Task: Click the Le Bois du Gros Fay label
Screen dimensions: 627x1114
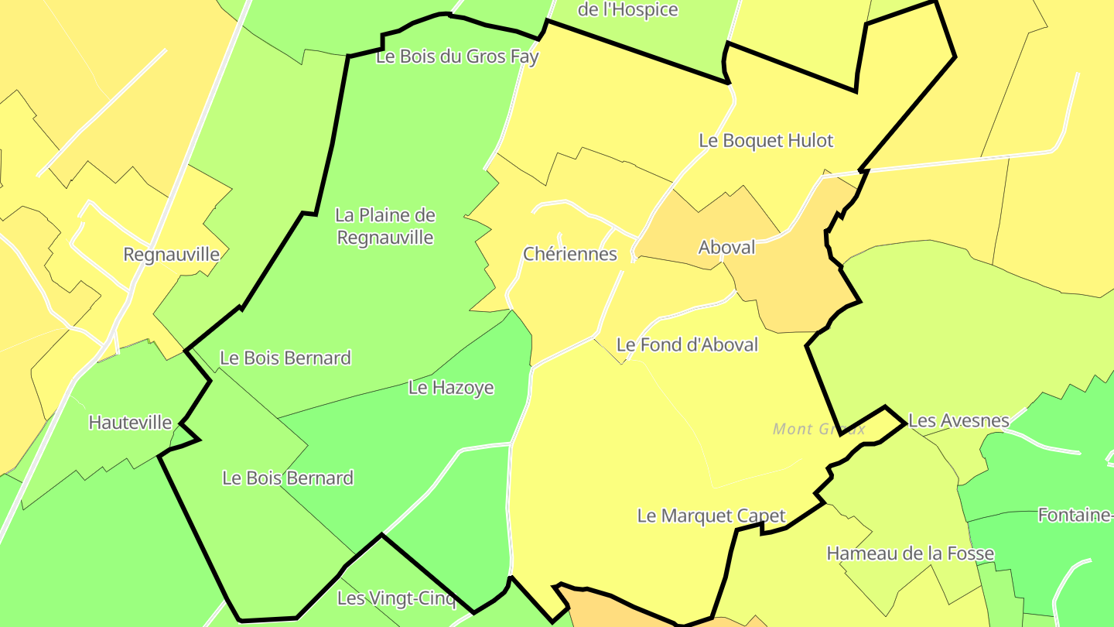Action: tap(456, 57)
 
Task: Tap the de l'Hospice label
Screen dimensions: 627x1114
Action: tap(628, 10)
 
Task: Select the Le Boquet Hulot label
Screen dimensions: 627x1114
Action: tap(766, 141)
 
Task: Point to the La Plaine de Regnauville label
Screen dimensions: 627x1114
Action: tap(385, 226)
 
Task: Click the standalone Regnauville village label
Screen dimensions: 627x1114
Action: tap(171, 255)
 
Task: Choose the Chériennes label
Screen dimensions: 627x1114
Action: tap(570, 254)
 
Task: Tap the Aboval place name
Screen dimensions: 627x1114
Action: tap(726, 247)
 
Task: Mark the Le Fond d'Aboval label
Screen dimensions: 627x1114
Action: tap(687, 344)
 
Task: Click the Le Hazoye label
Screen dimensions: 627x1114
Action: tap(451, 388)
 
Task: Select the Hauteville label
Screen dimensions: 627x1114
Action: tap(130, 423)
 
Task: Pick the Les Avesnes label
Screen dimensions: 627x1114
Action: tap(959, 421)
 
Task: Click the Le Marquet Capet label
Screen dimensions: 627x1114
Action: tap(711, 516)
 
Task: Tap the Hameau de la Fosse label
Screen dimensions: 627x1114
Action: tap(910, 553)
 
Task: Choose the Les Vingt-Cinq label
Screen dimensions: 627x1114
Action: tap(397, 598)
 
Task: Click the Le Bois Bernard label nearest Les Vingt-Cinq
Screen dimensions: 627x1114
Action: tap(288, 478)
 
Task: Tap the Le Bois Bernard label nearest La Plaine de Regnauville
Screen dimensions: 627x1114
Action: tap(285, 358)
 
